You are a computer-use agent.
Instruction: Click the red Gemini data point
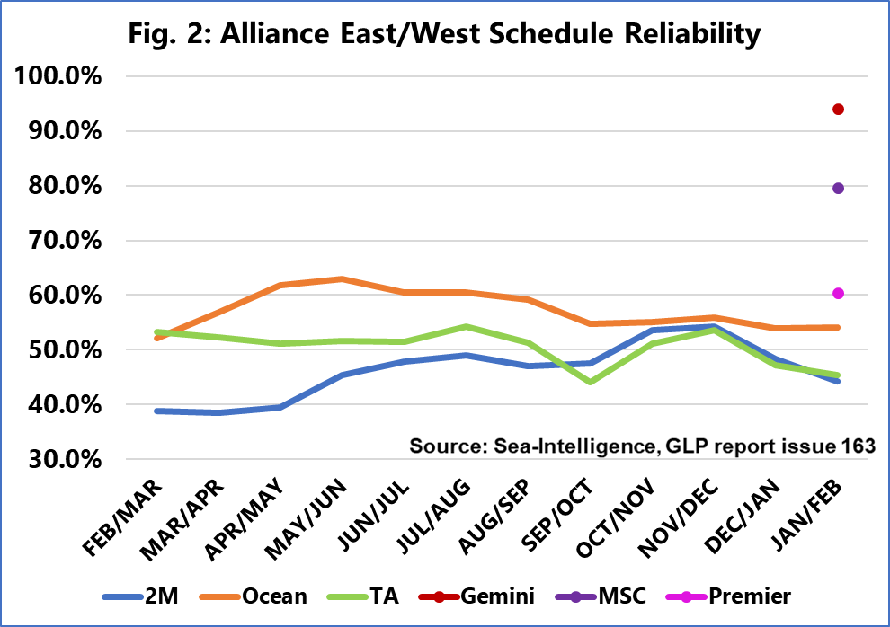click(x=838, y=110)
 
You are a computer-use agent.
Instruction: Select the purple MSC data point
click(x=838, y=188)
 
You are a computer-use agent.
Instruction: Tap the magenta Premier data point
click(x=838, y=293)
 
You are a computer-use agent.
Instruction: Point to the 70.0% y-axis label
click(x=61, y=241)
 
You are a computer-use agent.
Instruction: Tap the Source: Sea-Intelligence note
click(x=642, y=446)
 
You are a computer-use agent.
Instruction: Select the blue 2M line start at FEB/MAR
click(x=156, y=411)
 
